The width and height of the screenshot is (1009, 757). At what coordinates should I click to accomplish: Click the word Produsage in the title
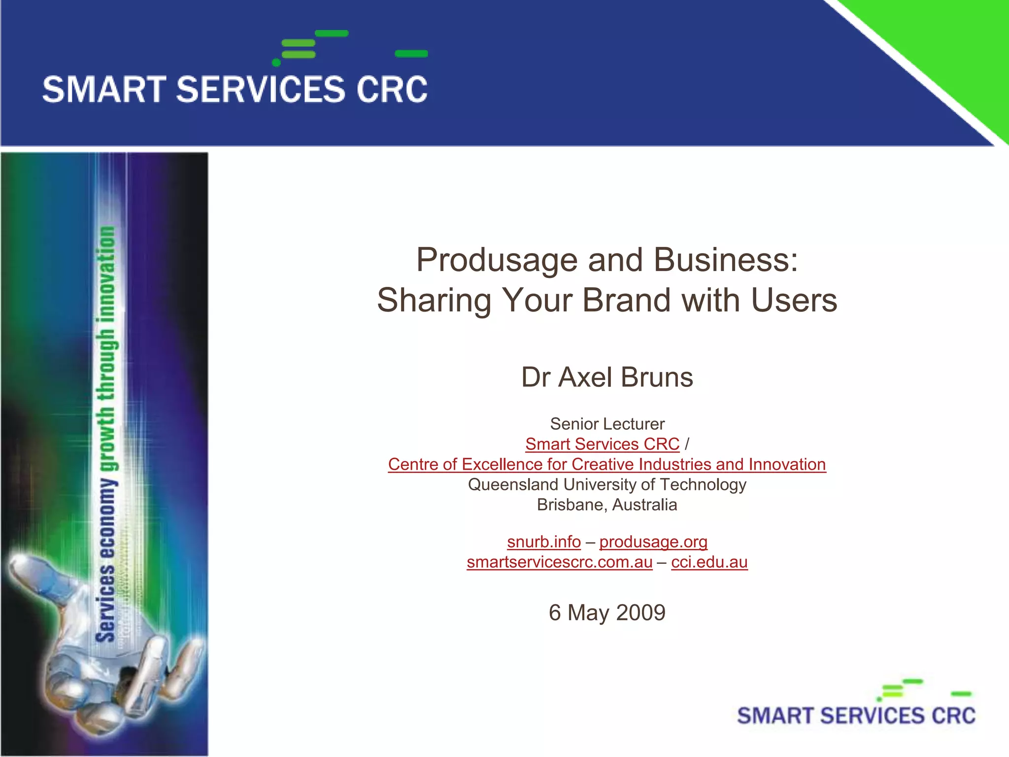(497, 260)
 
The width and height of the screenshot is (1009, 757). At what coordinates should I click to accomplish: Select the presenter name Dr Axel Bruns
(607, 378)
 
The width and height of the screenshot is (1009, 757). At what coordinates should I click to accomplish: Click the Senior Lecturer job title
(607, 424)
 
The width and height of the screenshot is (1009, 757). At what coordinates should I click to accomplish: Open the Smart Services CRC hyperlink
(602, 444)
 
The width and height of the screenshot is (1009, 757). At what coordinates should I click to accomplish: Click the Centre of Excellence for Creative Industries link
(606, 464)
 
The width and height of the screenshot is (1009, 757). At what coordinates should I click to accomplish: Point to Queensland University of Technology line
(607, 484)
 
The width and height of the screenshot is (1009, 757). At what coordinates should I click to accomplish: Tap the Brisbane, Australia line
(607, 505)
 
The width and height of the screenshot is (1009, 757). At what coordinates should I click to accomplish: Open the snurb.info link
(543, 542)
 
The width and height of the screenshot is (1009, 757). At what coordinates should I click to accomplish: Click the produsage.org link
(653, 542)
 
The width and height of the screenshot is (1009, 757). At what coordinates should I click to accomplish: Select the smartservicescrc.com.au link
(559, 562)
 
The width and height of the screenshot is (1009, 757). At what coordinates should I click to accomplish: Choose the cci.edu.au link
(709, 562)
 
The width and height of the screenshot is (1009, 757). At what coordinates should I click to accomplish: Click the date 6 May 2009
(607, 613)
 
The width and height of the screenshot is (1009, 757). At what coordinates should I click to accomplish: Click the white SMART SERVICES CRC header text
(235, 90)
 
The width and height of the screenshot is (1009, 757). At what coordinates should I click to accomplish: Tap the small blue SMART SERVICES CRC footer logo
(856, 715)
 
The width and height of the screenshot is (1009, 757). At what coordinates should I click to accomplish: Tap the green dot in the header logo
(276, 63)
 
